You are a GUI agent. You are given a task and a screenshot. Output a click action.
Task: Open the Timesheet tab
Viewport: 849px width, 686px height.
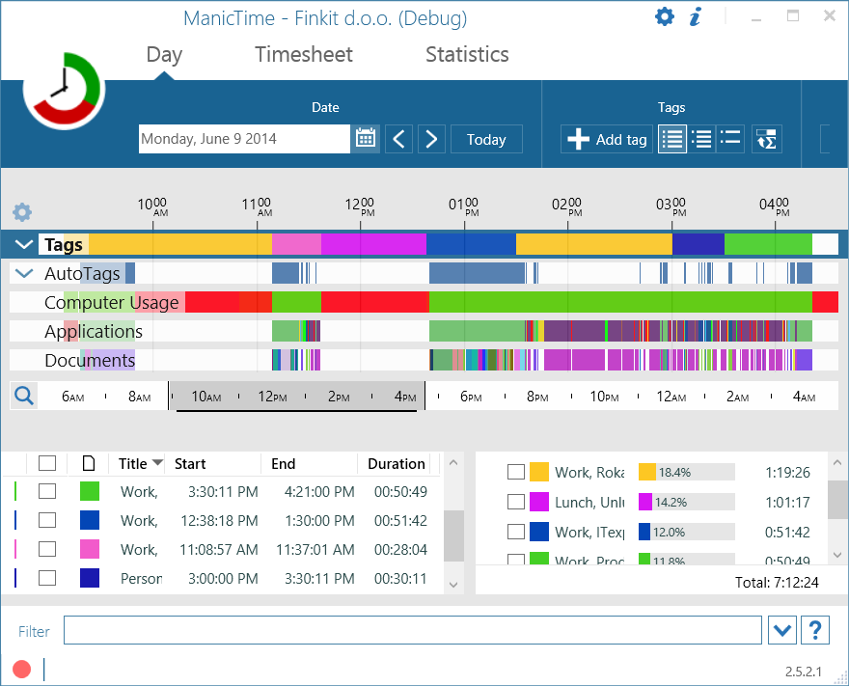304,55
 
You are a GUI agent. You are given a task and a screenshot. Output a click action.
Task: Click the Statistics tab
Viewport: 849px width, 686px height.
467,55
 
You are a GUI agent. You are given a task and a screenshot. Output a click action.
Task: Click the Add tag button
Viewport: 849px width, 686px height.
607,139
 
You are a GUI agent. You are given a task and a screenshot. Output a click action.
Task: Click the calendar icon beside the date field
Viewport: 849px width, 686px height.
365,139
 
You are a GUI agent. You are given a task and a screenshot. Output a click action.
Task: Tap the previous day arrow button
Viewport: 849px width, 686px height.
399,139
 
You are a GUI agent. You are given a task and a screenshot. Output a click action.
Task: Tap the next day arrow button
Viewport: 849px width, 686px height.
431,139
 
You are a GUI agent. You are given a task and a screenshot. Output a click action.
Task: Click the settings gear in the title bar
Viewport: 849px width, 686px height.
664,16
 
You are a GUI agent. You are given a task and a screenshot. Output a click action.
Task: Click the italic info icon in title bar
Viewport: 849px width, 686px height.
696,16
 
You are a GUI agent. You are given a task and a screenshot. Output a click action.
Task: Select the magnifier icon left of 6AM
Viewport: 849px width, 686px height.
24,396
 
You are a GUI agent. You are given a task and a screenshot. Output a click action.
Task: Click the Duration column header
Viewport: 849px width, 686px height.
396,464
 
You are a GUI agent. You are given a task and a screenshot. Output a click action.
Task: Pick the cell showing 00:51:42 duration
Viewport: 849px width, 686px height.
400,520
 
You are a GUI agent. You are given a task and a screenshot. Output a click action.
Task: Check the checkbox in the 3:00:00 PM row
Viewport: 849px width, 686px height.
47,578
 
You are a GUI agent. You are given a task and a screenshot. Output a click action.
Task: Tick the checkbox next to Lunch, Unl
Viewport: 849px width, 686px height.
516,502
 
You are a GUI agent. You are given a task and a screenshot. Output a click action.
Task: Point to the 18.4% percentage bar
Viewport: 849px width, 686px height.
686,472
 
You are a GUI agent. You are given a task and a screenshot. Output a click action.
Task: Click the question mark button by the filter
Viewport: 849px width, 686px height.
815,631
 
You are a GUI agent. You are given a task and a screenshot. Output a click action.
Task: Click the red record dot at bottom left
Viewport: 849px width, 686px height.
21,669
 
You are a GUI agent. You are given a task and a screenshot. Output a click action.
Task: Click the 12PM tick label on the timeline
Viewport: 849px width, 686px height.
272,397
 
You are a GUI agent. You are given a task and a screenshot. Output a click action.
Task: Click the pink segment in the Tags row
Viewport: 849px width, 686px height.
296,244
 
